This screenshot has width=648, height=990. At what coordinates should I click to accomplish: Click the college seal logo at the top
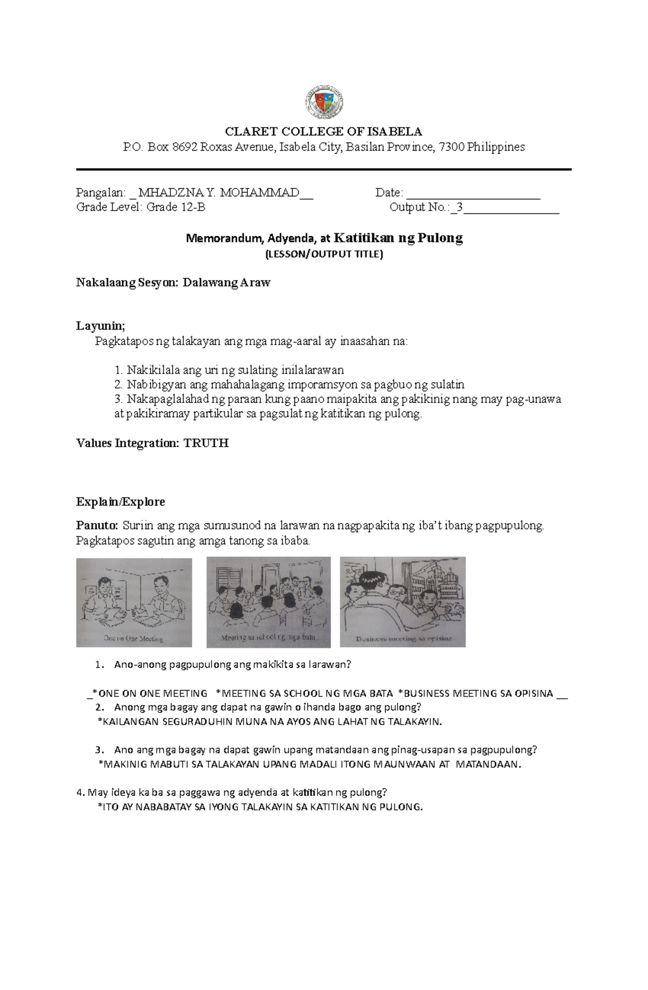click(x=323, y=102)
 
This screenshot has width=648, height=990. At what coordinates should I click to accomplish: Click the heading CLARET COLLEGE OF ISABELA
click(x=323, y=132)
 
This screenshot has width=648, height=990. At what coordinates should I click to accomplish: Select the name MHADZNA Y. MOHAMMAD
click(x=219, y=193)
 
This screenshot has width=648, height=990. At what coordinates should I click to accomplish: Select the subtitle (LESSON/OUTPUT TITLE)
click(x=323, y=255)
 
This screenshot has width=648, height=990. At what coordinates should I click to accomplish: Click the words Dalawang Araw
click(x=226, y=283)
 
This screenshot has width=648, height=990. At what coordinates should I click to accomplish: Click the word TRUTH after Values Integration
click(x=206, y=443)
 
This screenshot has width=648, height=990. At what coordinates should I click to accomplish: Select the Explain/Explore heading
click(x=120, y=502)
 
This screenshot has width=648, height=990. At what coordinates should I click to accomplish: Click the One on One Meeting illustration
click(x=134, y=602)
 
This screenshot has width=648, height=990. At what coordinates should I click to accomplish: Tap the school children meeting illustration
click(x=268, y=602)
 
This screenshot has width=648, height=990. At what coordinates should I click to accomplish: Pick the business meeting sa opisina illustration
click(x=402, y=602)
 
